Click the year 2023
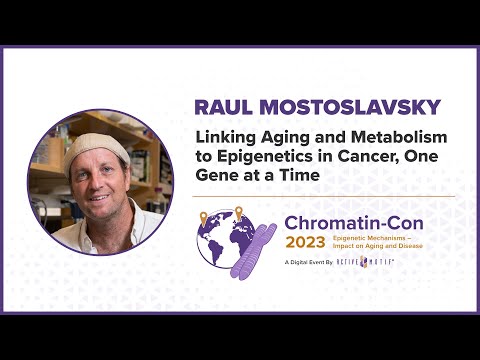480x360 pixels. click(313, 242)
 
